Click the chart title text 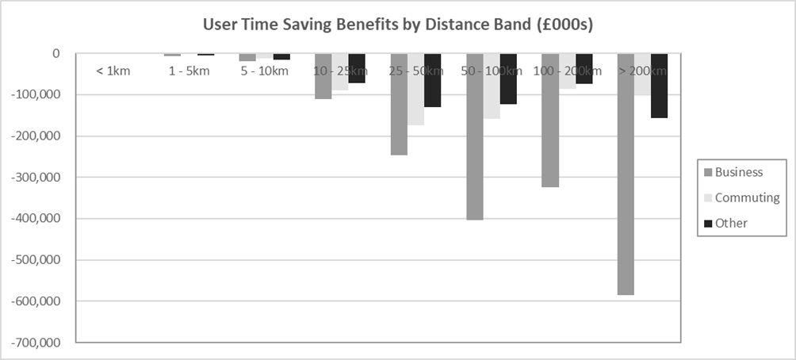398,24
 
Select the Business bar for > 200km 626,174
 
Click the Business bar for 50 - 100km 474,136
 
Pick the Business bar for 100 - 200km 550,121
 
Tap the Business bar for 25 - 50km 399,105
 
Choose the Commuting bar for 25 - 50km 415,90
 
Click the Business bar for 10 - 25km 323,76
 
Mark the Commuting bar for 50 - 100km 492,86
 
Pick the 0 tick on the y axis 56,54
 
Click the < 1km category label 113,71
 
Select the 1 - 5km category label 189,71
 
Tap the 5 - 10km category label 265,71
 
